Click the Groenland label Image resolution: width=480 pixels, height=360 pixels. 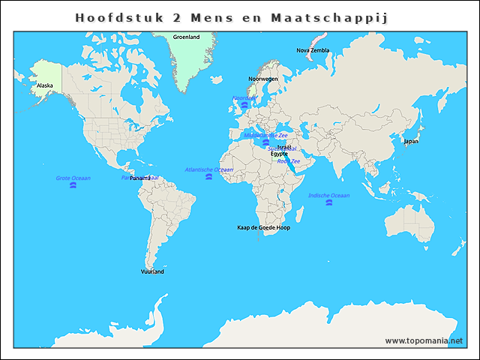[x=186, y=37]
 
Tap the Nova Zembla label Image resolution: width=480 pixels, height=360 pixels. [x=313, y=50]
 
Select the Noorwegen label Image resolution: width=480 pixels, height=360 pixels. [x=263, y=79]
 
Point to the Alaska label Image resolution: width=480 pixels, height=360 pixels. [x=45, y=85]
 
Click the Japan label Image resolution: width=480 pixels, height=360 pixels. [x=411, y=141]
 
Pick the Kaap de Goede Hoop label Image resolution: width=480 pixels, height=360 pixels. [x=263, y=227]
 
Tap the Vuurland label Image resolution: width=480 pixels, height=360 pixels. [x=152, y=271]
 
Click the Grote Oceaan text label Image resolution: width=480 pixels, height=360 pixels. [x=73, y=178]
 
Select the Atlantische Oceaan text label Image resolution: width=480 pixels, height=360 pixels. [x=208, y=169]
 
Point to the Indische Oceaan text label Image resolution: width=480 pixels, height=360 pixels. [x=328, y=195]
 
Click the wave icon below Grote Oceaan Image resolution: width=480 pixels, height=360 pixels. [x=73, y=185]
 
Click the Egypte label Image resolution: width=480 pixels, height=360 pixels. [x=279, y=154]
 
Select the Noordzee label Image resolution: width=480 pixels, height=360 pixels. [x=244, y=97]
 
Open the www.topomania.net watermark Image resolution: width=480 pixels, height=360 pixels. [x=424, y=340]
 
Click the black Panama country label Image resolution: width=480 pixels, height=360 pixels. [x=140, y=178]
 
